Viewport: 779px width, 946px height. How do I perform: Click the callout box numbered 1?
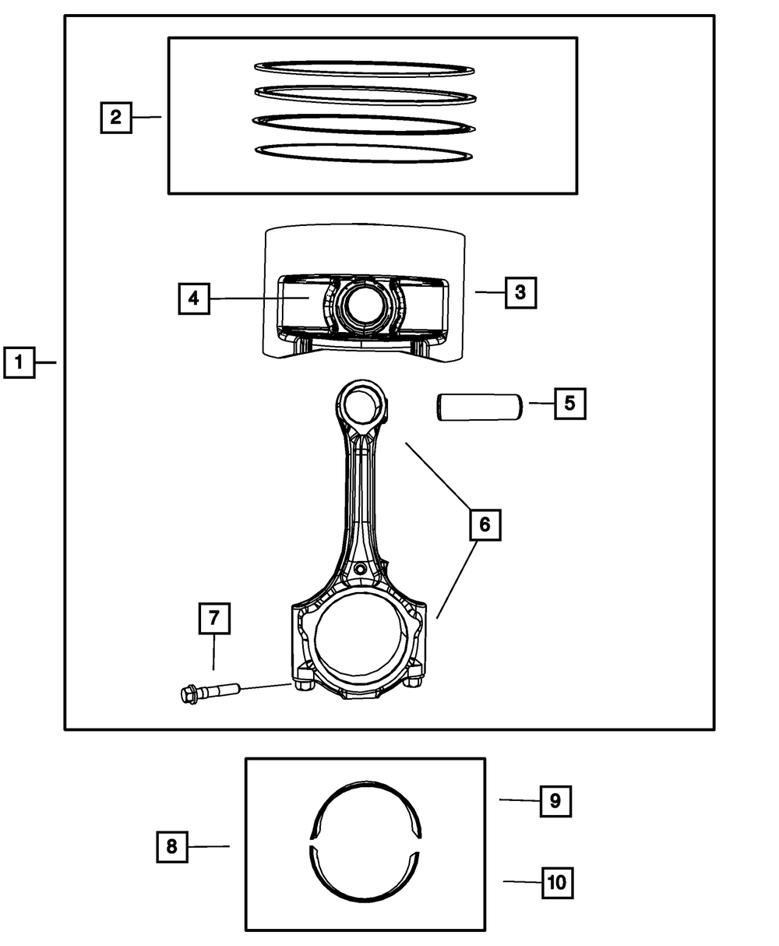pyautogui.click(x=19, y=362)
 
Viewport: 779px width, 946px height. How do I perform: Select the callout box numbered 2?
pyautogui.click(x=115, y=118)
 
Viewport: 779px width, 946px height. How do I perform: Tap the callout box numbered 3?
pyautogui.click(x=520, y=293)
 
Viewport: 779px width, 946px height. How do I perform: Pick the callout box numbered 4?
pyautogui.click(x=193, y=298)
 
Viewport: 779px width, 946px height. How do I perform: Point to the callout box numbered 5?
pyautogui.click(x=569, y=404)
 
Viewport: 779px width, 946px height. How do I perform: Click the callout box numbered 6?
pyautogui.click(x=485, y=524)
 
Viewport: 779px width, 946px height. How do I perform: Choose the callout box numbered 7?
pyautogui.click(x=213, y=619)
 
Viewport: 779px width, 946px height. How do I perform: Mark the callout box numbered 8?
pyautogui.click(x=171, y=846)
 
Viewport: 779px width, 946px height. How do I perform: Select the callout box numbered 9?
pyautogui.click(x=555, y=801)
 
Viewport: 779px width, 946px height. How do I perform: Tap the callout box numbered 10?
pyautogui.click(x=556, y=883)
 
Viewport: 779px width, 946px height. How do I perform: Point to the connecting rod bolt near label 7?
pyautogui.click(x=210, y=692)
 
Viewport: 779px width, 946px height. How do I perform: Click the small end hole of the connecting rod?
pyautogui.click(x=361, y=406)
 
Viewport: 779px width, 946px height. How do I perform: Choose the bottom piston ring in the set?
pyautogui.click(x=365, y=153)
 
